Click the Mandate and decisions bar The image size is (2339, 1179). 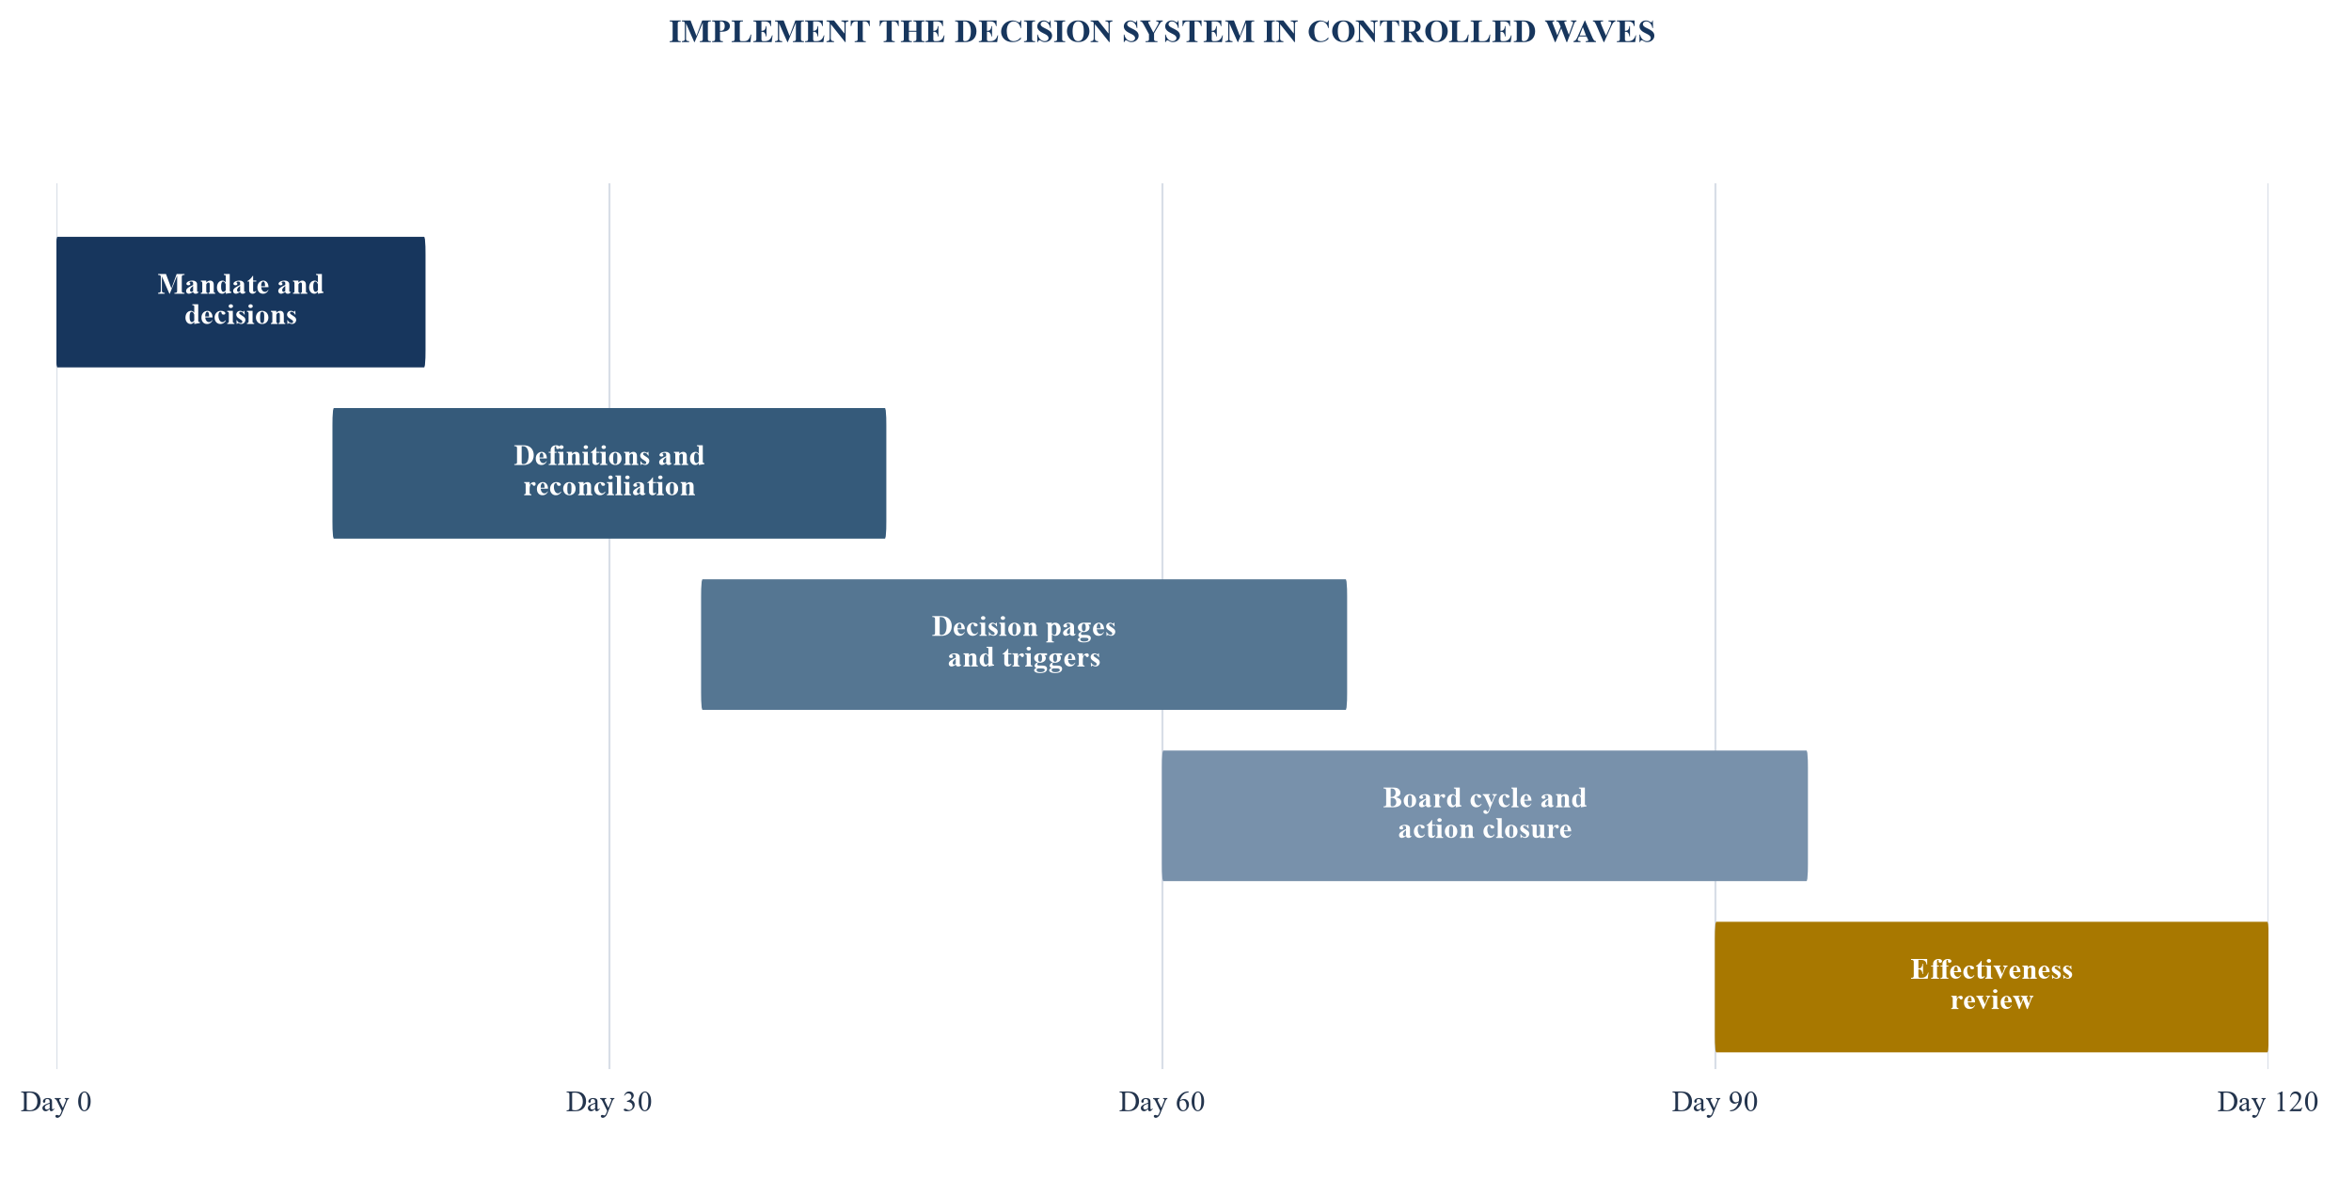pos(241,302)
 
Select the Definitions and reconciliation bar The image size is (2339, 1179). pos(609,473)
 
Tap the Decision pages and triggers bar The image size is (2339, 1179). pos(1024,644)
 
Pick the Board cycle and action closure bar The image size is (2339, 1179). pos(1485,815)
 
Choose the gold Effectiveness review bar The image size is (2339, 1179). pos(1992,986)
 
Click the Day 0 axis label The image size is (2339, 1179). pos(56,1102)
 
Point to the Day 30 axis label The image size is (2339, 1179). pos(609,1102)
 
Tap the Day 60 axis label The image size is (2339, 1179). pos(1162,1102)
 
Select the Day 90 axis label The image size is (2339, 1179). pos(1715,1102)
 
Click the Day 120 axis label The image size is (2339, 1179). pos(2268,1102)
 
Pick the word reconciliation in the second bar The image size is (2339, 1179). pos(609,487)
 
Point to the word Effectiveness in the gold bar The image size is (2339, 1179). pos(1992,969)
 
